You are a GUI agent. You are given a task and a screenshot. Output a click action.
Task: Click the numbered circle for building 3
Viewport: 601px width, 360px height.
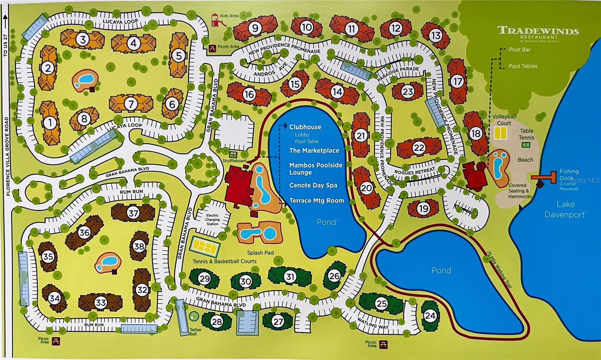(x=83, y=39)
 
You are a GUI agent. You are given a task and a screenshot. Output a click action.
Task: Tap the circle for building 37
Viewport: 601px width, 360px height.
(x=133, y=213)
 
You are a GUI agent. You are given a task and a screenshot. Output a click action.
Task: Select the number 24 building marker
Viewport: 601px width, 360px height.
(x=430, y=316)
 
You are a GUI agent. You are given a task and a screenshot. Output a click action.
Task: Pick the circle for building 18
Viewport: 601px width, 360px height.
(x=476, y=133)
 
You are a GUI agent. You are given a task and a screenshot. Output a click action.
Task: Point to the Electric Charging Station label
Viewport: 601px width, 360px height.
(x=212, y=219)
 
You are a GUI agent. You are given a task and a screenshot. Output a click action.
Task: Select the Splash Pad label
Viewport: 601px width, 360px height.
(x=260, y=253)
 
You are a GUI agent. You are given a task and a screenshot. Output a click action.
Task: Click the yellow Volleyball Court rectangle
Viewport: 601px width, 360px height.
(x=500, y=133)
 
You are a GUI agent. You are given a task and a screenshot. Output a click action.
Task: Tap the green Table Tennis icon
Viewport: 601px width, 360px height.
(x=526, y=145)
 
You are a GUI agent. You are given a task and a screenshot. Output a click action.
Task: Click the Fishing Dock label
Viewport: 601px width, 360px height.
(x=569, y=174)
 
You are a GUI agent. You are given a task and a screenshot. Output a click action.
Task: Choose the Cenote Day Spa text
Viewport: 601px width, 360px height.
(x=313, y=185)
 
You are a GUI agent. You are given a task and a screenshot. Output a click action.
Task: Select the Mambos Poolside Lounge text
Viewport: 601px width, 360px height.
(x=316, y=169)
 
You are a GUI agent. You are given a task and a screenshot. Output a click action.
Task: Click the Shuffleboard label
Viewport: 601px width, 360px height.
(x=234, y=161)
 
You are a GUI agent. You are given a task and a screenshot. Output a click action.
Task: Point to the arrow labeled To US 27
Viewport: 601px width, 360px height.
(x=5, y=23)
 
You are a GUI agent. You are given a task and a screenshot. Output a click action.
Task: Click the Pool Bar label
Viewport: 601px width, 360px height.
(x=519, y=50)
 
